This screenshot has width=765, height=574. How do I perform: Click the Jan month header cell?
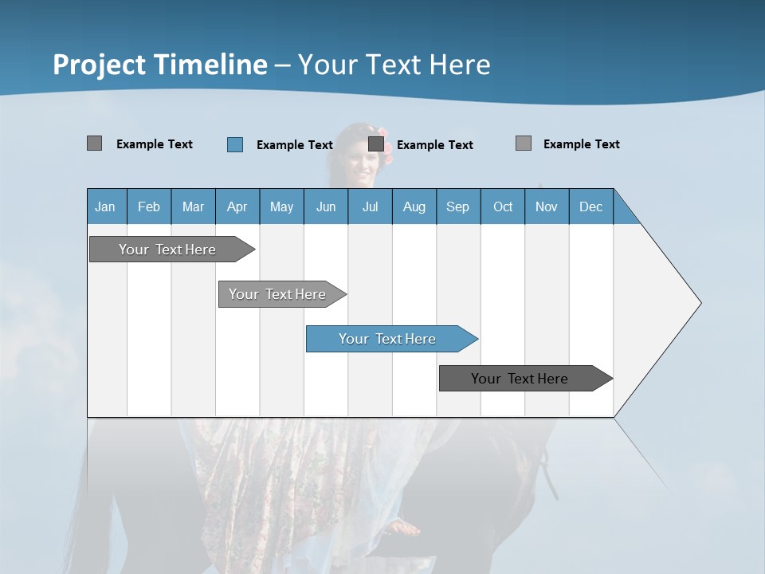[106, 206]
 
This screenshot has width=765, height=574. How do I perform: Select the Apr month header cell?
[237, 206]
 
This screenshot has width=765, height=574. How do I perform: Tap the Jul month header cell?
[370, 206]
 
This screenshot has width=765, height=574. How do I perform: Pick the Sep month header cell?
[458, 206]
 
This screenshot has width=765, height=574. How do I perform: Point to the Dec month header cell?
[590, 206]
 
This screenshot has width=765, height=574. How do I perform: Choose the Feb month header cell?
[149, 206]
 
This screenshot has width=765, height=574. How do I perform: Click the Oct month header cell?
[503, 206]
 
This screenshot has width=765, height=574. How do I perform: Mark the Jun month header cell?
[326, 206]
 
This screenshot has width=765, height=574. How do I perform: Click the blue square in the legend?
[235, 144]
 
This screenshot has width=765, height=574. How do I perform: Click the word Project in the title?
[98, 65]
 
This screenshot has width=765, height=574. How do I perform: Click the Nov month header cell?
[547, 206]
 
